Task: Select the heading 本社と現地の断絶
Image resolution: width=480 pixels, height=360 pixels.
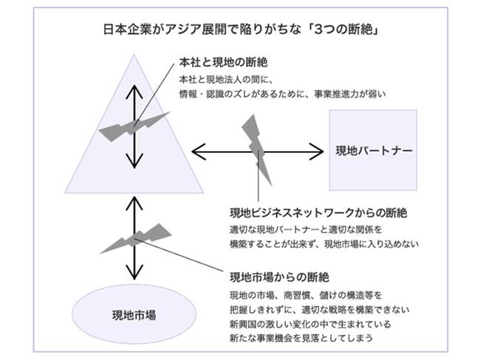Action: pyautogui.click(x=224, y=63)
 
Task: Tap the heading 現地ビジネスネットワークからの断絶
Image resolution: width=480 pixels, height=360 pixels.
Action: pyautogui.click(x=318, y=213)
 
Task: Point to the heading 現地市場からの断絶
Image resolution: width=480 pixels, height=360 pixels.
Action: pyautogui.click(x=279, y=277)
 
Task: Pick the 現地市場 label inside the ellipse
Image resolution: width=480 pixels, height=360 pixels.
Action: pyautogui.click(x=134, y=315)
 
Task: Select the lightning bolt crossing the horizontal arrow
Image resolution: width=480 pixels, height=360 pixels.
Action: pyautogui.click(x=256, y=150)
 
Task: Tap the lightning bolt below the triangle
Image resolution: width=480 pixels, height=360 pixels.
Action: pyautogui.click(x=136, y=239)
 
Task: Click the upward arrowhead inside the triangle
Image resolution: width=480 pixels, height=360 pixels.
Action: pyautogui.click(x=134, y=91)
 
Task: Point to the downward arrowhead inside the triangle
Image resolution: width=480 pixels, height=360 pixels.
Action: pyautogui.click(x=134, y=162)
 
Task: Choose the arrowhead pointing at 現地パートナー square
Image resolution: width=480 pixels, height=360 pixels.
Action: pyautogui.click(x=317, y=151)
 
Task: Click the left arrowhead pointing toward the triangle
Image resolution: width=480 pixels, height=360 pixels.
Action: pyautogui.click(x=199, y=151)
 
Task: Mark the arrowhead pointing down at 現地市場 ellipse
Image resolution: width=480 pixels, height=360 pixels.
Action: pyautogui.click(x=134, y=272)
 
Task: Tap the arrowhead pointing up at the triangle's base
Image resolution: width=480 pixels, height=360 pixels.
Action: pyautogui.click(x=134, y=203)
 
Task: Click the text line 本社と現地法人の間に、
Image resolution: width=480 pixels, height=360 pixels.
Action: pyautogui.click(x=226, y=80)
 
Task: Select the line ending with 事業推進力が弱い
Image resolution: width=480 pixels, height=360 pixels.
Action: pyautogui.click(x=282, y=94)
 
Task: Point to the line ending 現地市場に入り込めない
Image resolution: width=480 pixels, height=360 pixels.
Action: pyautogui.click(x=324, y=244)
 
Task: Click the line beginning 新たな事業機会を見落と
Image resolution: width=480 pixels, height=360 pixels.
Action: pyautogui.click(x=301, y=338)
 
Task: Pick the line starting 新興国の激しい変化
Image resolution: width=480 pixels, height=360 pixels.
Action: pyautogui.click(x=310, y=324)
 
